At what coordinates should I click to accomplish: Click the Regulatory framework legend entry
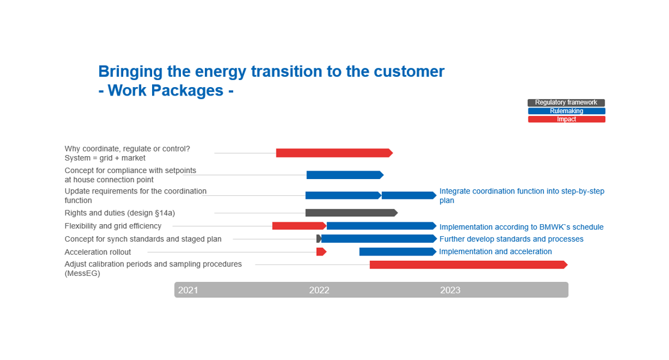(x=566, y=102)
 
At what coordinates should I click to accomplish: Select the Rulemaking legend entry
(x=566, y=111)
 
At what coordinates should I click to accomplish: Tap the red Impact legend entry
(x=566, y=120)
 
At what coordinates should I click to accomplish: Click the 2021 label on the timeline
(x=188, y=290)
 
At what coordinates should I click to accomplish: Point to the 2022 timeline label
(x=319, y=290)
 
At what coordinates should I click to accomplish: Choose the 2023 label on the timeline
(x=450, y=290)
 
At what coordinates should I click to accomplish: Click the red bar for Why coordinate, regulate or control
(x=334, y=153)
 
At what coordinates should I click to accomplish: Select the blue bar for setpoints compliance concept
(x=345, y=175)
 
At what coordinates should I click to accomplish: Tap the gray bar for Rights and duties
(x=352, y=212)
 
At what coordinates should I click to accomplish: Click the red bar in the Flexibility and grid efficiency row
(x=299, y=225)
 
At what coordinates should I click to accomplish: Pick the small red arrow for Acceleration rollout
(x=321, y=252)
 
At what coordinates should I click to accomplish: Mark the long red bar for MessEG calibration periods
(x=468, y=265)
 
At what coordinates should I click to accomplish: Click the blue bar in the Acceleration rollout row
(x=398, y=252)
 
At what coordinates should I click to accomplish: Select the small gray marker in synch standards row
(x=319, y=239)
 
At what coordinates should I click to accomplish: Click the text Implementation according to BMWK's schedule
(x=521, y=227)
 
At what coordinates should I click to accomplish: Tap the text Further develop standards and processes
(x=511, y=239)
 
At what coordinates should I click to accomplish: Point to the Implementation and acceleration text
(x=495, y=252)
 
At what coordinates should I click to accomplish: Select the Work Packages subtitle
(x=166, y=90)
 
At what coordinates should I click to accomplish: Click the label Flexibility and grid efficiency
(x=113, y=226)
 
